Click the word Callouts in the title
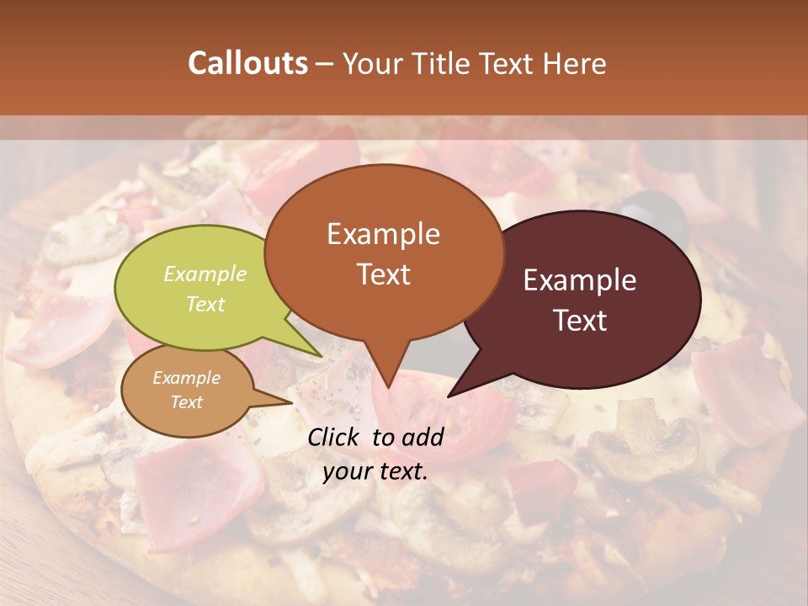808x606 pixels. [247, 63]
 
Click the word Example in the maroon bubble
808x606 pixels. [580, 280]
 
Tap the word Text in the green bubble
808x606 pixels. [205, 304]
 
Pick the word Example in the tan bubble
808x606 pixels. [186, 378]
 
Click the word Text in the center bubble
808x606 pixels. [383, 274]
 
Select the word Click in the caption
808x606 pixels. [335, 436]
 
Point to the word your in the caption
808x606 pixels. [347, 471]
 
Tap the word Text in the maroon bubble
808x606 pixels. [580, 321]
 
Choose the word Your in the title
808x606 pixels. [370, 63]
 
